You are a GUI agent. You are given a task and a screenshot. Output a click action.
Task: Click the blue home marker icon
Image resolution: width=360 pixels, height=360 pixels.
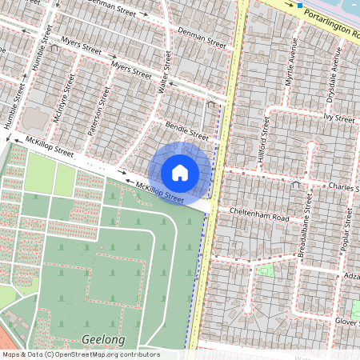pos(180,171)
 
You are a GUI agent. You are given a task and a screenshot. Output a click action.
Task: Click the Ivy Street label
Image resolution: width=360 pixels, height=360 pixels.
pos(338,118)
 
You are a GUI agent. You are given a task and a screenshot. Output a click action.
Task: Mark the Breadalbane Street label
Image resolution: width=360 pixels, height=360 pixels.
pos(307,230)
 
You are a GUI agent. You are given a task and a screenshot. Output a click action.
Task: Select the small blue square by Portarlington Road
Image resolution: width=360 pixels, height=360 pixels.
pos(300,6)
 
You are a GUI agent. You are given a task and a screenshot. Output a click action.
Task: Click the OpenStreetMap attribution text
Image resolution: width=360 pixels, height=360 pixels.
pos(81,354)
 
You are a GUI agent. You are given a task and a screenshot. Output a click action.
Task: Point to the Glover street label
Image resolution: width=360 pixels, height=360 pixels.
pos(347,320)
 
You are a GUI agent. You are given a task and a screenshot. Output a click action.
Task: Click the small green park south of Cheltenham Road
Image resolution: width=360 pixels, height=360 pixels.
pos(267,270)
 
